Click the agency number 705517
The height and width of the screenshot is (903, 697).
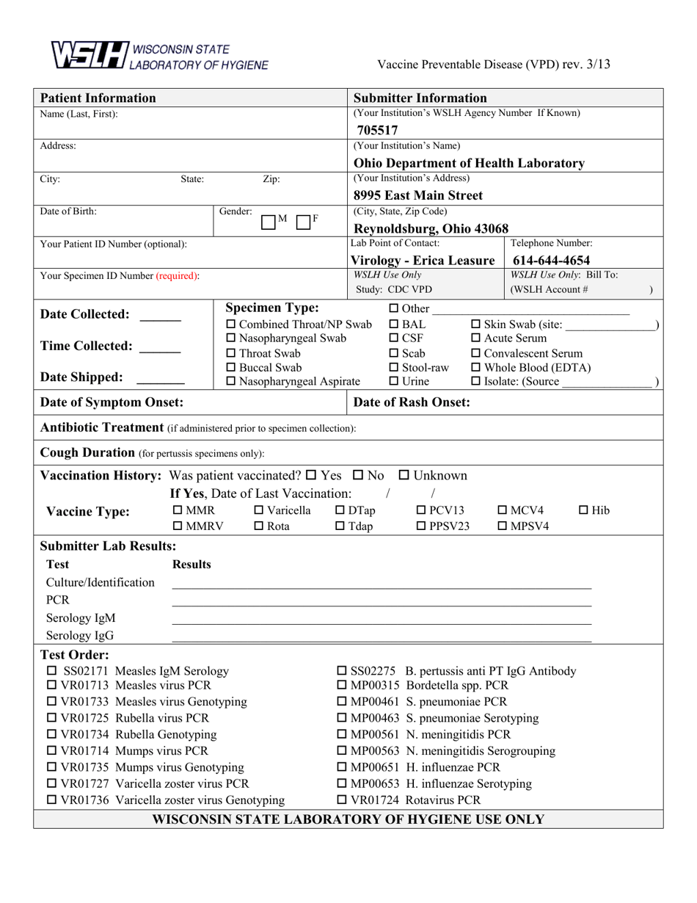pyautogui.click(x=373, y=131)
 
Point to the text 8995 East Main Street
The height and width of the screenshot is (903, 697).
pyautogui.click(x=418, y=195)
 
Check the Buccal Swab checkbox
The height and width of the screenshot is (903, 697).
pyautogui.click(x=231, y=367)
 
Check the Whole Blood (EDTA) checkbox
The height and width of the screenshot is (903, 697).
pyautogui.click(x=475, y=367)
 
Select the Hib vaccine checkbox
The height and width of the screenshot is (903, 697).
pyautogui.click(x=584, y=510)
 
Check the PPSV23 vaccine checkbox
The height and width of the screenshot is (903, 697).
pyautogui.click(x=421, y=526)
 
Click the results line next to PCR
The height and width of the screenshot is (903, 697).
pyautogui.click(x=382, y=604)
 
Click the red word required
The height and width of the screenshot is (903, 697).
pyautogui.click(x=176, y=276)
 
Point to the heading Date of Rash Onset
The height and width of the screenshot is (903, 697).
pyautogui.click(x=412, y=402)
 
